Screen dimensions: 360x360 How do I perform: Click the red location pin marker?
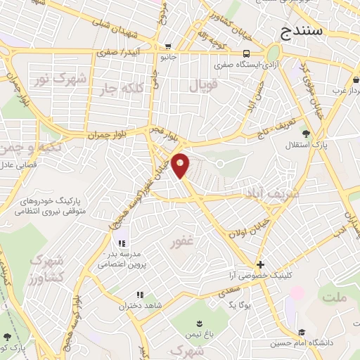coord(181,165)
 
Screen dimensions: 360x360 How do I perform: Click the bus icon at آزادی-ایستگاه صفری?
coord(246,53)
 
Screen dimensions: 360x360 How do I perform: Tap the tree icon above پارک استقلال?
coord(306,134)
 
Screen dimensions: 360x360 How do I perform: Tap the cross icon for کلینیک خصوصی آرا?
coord(261,265)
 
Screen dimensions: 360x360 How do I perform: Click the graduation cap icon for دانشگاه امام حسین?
coord(302,332)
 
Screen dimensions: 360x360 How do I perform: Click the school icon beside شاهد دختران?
coord(140,295)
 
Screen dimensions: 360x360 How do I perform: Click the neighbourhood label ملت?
coord(334,299)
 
